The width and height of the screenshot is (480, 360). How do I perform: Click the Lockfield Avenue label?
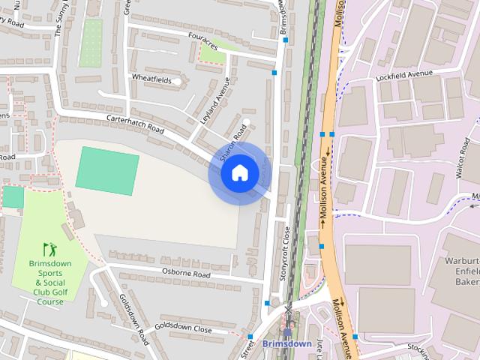(x=406, y=73)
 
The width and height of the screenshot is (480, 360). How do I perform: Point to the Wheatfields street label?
(x=151, y=79)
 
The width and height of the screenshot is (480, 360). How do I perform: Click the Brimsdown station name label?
(x=287, y=343)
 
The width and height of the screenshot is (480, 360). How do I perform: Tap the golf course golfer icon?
(x=50, y=248)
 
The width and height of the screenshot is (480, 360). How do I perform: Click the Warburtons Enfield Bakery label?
(x=466, y=273)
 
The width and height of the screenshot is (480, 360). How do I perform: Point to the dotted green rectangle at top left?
(x=91, y=42)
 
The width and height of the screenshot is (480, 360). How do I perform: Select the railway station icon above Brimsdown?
(x=287, y=330)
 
